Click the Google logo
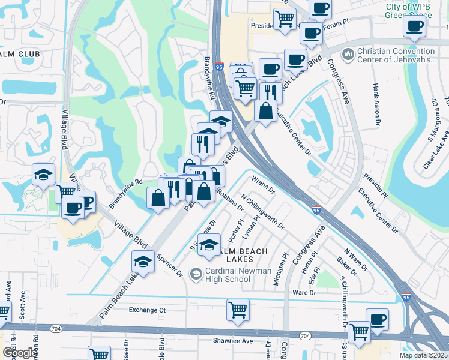[19, 353]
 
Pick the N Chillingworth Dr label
[262, 211]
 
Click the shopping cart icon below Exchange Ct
[238, 310]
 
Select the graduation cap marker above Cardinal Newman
[209, 245]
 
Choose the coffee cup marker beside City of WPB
[415, 26]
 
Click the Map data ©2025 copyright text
[424, 355]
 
